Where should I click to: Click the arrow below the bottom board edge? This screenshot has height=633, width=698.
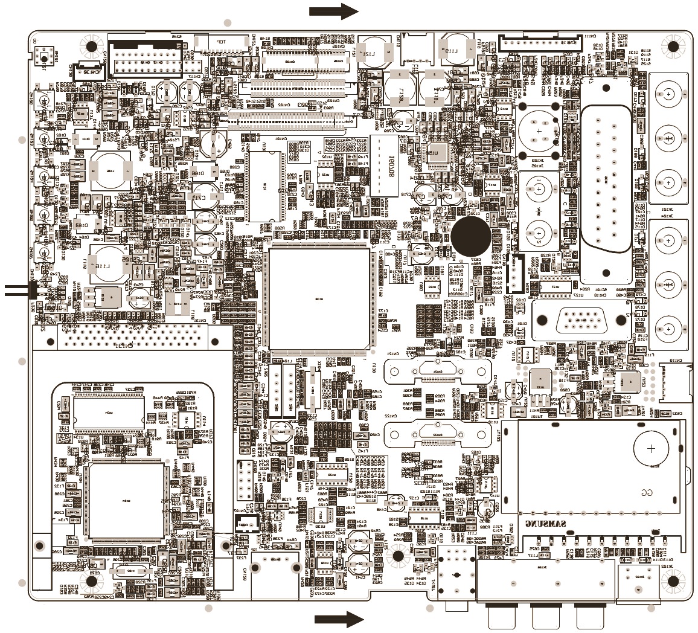[338, 619]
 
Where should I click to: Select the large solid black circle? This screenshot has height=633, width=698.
[471, 236]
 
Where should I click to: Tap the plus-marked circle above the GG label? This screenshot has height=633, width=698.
[651, 449]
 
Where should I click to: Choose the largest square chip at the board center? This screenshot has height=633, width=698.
[319, 299]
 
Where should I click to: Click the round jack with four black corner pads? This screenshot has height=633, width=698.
[537, 130]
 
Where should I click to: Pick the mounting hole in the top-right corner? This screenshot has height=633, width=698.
[673, 46]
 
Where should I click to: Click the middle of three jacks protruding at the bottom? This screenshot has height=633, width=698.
[547, 616]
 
